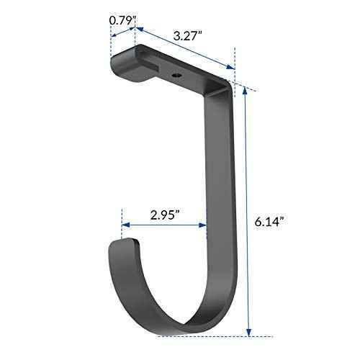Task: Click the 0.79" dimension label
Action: coord(122,20)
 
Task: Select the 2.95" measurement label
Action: coord(166,214)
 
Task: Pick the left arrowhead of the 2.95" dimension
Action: coord(124,225)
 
